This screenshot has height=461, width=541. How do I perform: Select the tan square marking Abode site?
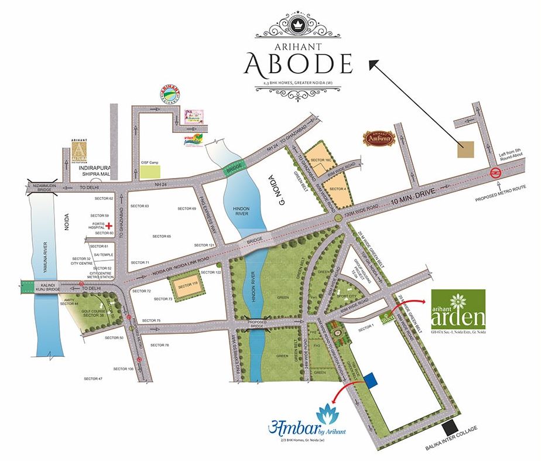(x=467, y=149)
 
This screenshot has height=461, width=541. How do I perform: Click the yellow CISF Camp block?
(x=150, y=172)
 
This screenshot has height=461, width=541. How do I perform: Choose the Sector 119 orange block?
(x=185, y=285)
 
